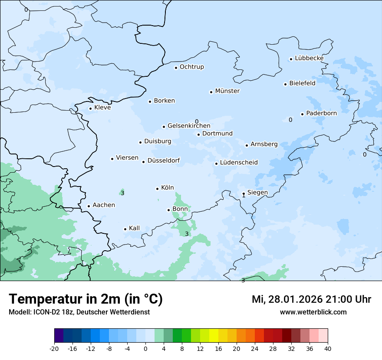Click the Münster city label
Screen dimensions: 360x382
click(227, 91)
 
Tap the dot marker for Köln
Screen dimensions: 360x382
click(158, 189)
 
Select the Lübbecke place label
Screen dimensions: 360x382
click(309, 58)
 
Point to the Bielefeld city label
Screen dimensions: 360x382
click(302, 83)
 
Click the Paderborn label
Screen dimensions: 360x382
click(321, 113)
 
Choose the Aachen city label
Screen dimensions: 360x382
click(104, 205)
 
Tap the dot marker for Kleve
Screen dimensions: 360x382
click(90, 109)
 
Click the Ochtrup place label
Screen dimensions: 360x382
click(191, 67)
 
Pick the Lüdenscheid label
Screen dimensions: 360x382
click(239, 163)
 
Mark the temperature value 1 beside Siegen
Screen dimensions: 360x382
click(244, 196)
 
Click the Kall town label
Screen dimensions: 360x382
click(134, 228)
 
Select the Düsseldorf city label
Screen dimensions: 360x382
click(163, 160)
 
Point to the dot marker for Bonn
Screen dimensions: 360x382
click(169, 210)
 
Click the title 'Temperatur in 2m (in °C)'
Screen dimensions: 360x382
click(86, 299)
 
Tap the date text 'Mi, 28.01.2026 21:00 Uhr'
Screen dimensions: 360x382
click(311, 299)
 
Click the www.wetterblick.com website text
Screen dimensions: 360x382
click(313, 312)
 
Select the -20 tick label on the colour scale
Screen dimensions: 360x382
click(54, 349)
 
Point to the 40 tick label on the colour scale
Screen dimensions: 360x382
click(328, 349)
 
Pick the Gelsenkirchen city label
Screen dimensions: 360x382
click(189, 126)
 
